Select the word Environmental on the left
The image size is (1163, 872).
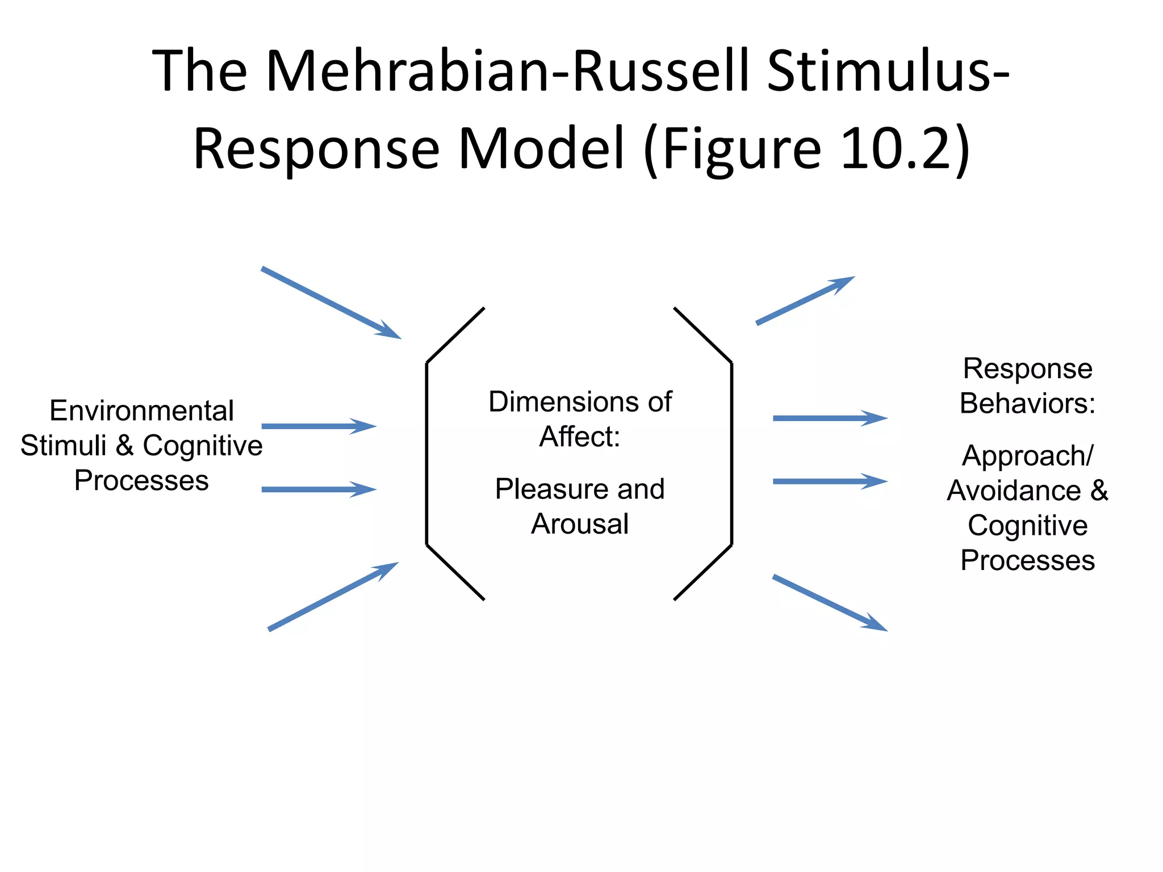[141, 410]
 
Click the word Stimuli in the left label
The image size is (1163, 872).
[63, 446]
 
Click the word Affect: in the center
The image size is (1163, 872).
[580, 437]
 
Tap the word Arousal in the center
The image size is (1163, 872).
[580, 523]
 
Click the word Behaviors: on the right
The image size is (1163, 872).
[1027, 404]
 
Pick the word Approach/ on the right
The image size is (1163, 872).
[1027, 456]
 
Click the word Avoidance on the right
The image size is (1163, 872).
[1014, 491]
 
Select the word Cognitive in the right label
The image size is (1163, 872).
[1027, 526]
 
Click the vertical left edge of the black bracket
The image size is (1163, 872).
[426, 454]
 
